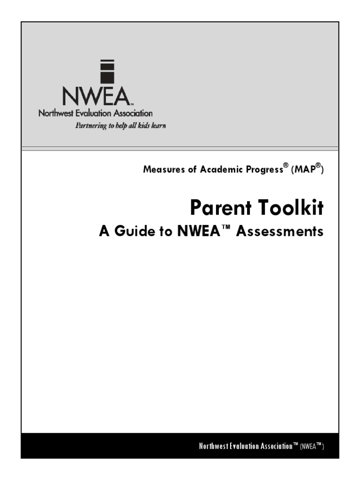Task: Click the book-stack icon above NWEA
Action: (x=107, y=71)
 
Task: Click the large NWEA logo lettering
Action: (x=96, y=97)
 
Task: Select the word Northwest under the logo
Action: (x=54, y=113)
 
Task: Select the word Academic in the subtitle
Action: (x=219, y=170)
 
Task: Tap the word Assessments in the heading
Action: (x=280, y=232)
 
